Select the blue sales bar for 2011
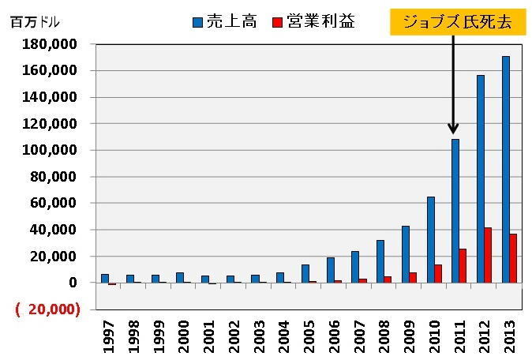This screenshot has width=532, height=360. [455, 211]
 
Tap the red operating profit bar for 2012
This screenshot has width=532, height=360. [489, 255]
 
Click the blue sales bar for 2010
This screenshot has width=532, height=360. [431, 239]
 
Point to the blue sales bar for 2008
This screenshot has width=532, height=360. [380, 261]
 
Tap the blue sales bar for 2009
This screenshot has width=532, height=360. [406, 254]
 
